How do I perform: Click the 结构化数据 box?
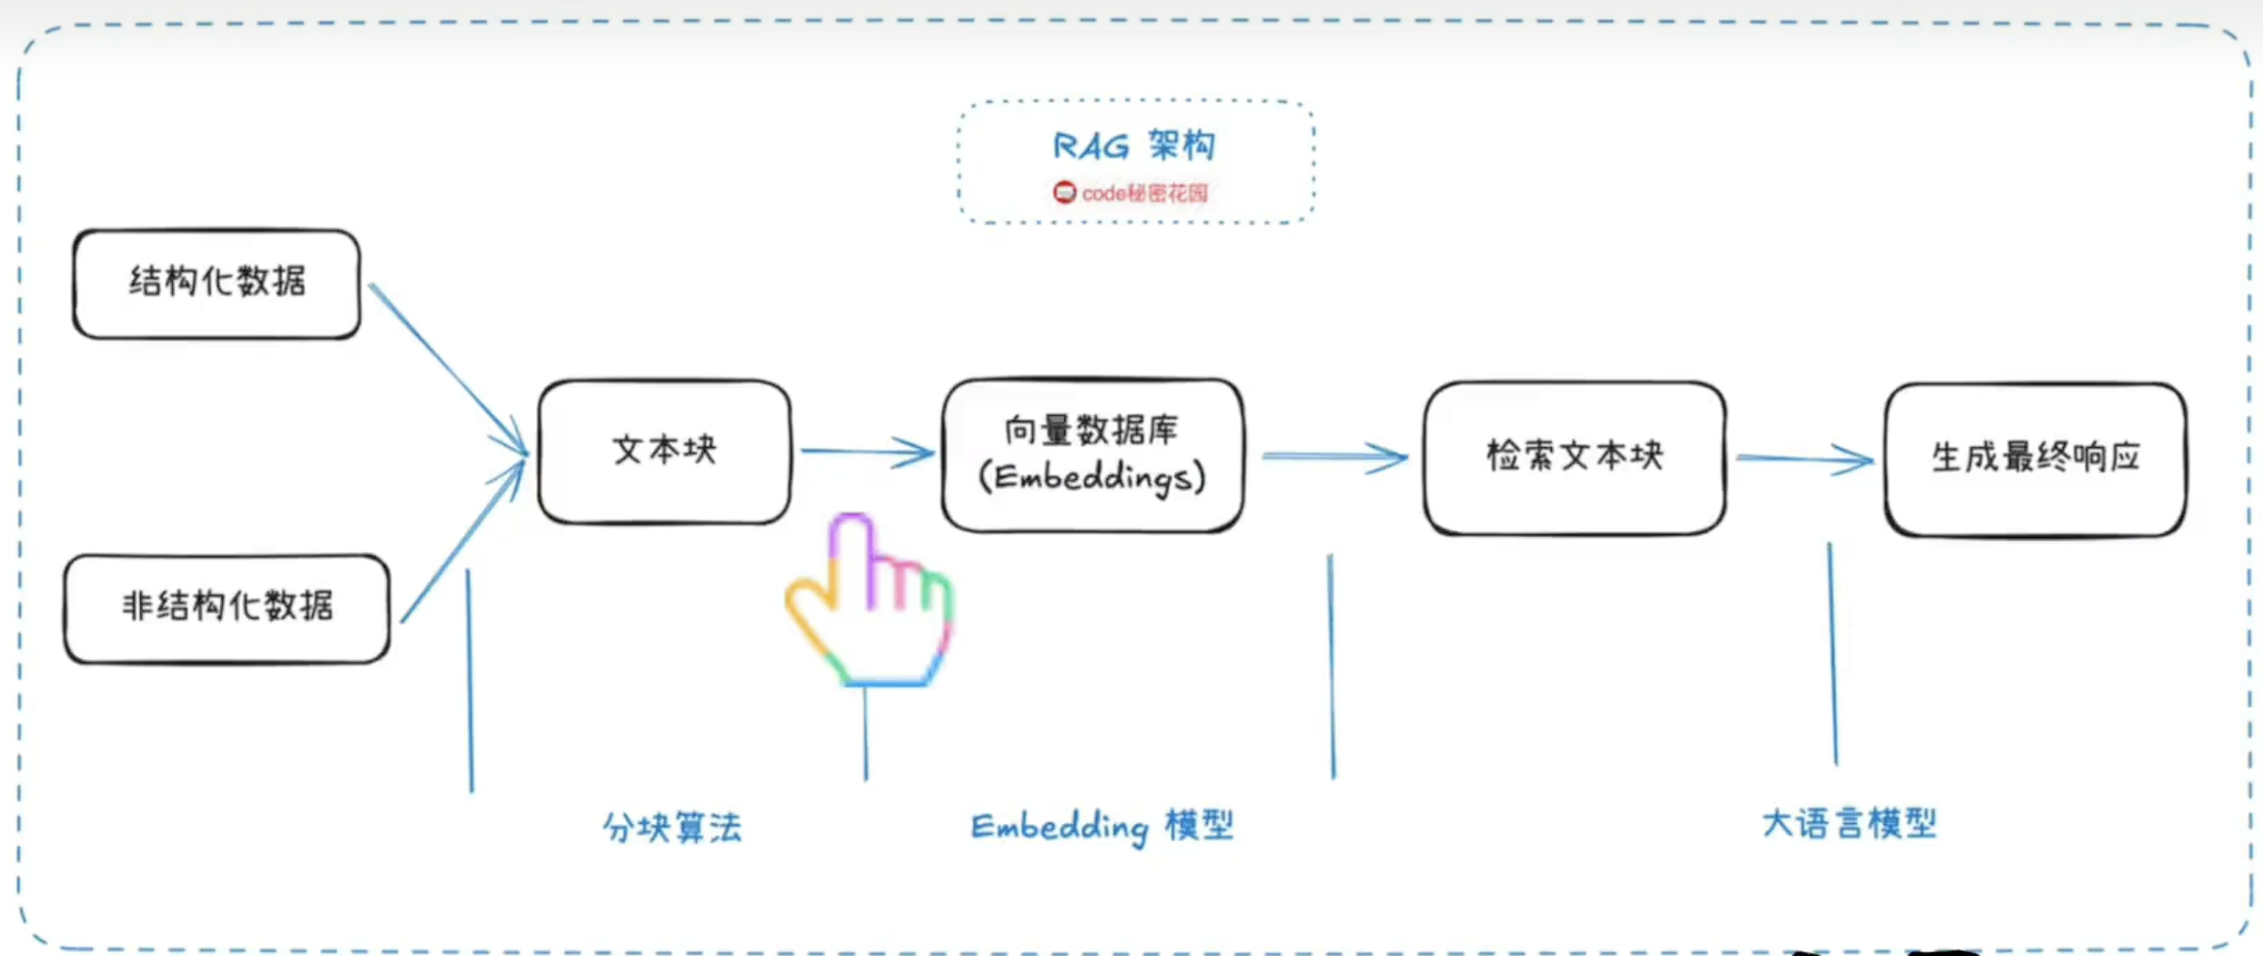point(217,283)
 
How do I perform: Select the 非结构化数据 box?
point(227,607)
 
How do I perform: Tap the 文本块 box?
point(665,451)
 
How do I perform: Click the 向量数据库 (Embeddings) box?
point(1092,454)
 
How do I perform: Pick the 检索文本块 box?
point(1574,457)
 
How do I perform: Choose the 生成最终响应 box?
point(2035,459)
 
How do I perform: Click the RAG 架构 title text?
point(1134,146)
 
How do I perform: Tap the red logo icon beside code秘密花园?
point(1064,193)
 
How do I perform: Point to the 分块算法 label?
point(673,828)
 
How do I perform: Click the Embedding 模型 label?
point(1101,827)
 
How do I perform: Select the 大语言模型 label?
point(1849,824)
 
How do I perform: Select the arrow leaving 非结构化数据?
point(462,543)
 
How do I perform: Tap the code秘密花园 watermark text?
point(1144,193)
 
